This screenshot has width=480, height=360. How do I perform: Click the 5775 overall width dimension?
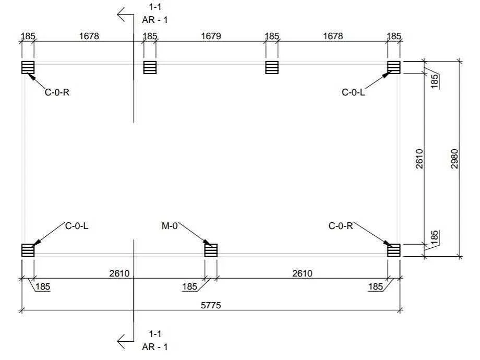(x=211, y=305)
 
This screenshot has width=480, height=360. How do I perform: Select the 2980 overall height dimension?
(x=454, y=159)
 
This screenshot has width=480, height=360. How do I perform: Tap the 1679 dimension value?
(x=211, y=36)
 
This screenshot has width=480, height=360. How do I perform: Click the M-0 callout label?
(x=170, y=226)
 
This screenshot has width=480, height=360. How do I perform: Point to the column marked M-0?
(x=211, y=250)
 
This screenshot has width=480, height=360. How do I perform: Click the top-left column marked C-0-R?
(x=28, y=67)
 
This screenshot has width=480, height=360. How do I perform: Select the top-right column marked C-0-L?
(x=394, y=67)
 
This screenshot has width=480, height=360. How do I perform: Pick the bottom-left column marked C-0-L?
(x=28, y=250)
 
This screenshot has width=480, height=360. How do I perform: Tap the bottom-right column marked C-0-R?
(x=394, y=250)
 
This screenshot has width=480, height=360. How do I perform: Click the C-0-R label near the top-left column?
(x=57, y=92)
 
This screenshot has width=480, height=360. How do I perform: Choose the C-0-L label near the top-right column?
(x=353, y=92)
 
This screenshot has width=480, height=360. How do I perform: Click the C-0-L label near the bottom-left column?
(x=77, y=226)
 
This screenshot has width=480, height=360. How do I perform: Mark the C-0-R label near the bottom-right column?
(x=341, y=226)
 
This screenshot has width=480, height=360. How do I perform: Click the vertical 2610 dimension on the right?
(x=419, y=159)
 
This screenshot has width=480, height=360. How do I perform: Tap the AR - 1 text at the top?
(x=155, y=20)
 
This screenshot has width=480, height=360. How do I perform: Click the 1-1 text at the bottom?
(x=155, y=333)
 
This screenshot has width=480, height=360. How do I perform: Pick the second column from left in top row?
(x=150, y=67)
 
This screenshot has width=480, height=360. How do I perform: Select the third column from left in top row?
(x=272, y=67)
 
